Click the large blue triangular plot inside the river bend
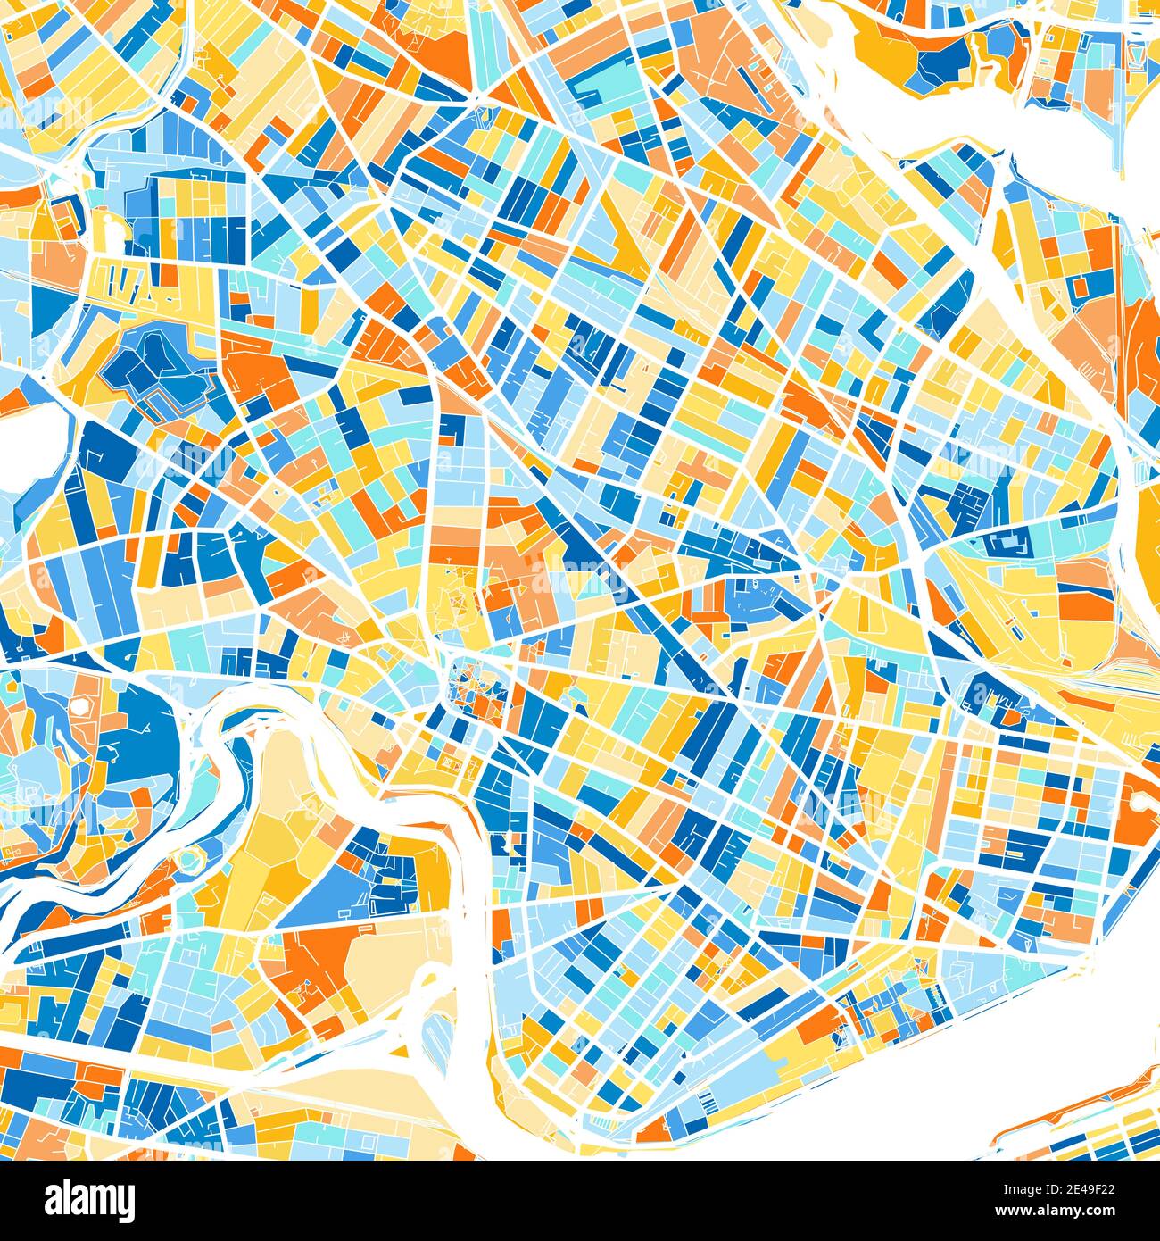tap(326, 897)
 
